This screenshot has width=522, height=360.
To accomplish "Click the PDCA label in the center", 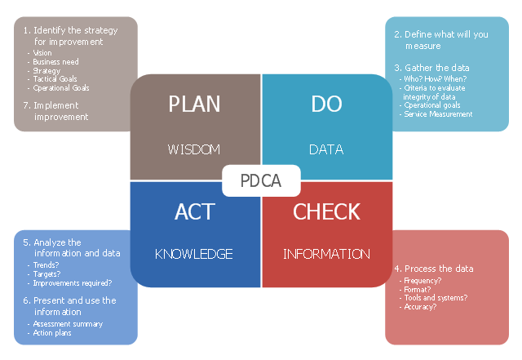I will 261,181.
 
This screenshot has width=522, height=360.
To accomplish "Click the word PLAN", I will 195,104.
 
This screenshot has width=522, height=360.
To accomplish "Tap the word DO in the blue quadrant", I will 326,104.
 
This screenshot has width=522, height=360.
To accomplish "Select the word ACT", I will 195,211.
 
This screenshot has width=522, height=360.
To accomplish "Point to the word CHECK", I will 326,211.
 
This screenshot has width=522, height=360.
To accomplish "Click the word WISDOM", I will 195,149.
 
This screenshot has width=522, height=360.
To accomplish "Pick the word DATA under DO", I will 326,149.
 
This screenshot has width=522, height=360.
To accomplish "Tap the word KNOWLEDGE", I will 195,254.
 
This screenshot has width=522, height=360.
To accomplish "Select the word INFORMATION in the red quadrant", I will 326,254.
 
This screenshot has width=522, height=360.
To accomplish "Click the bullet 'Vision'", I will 42,53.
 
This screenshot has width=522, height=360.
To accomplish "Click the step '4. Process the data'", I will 433,269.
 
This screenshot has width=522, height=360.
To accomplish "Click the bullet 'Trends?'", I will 46,265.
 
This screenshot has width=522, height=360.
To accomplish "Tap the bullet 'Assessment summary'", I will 68,324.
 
